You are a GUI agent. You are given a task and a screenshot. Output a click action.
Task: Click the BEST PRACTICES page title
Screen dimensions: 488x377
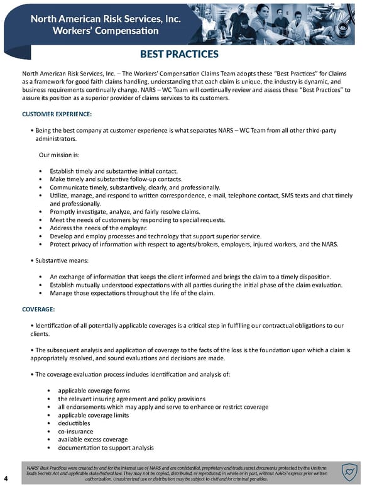coord(188,55)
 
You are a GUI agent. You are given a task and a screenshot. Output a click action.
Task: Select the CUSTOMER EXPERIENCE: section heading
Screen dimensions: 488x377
coord(57,114)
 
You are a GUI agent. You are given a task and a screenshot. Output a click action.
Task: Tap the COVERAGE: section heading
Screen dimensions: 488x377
coord(38,309)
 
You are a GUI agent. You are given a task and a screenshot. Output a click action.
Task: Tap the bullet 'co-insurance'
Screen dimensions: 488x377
coord(76,431)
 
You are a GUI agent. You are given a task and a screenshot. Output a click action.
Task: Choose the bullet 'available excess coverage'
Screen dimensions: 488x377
coord(92,440)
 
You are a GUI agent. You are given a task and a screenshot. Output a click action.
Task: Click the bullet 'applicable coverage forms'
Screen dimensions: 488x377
coord(94,391)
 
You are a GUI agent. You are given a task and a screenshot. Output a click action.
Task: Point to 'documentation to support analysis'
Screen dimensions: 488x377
coord(106,448)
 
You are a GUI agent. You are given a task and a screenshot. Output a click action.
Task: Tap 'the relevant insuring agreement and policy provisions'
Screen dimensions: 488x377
coord(131,399)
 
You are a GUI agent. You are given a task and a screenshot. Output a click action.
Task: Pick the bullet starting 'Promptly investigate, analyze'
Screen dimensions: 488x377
coord(124,212)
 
